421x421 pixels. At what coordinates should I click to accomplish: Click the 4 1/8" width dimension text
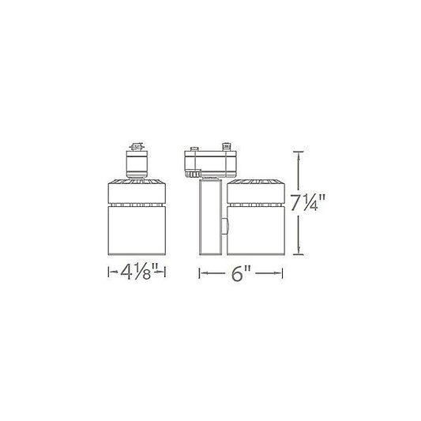click(x=136, y=275)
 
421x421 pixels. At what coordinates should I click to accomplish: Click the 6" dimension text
click(x=241, y=275)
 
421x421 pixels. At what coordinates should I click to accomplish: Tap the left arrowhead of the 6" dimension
click(x=201, y=275)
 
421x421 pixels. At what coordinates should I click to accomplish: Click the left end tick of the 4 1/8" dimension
click(x=108, y=275)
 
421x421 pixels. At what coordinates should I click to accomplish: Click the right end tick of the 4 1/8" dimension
click(x=165, y=275)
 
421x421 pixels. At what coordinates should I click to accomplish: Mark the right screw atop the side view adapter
click(x=227, y=146)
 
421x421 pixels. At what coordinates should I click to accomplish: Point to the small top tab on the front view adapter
click(x=137, y=146)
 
